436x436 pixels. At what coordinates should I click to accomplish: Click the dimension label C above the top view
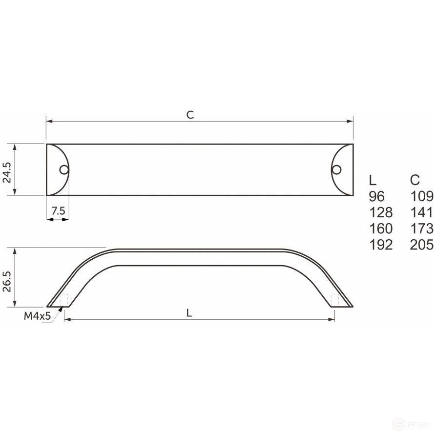click(190, 115)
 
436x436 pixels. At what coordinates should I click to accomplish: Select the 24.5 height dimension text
click(7, 169)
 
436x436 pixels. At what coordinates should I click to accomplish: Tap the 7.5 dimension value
click(58, 211)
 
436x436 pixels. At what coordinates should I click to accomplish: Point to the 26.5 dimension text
click(7, 278)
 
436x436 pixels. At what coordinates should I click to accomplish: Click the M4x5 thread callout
click(38, 316)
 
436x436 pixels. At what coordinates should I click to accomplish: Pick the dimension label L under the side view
click(189, 314)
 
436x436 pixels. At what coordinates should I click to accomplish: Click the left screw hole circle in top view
click(64, 170)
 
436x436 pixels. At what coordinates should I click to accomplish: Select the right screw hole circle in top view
click(336, 169)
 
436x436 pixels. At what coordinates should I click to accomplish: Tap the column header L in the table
click(373, 180)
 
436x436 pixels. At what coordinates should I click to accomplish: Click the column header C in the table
click(415, 180)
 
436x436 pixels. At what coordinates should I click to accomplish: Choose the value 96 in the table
click(377, 196)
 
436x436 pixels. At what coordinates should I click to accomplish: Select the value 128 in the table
click(381, 212)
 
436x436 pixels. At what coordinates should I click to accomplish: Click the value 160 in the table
click(381, 228)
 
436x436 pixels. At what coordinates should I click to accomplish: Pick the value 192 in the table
click(381, 245)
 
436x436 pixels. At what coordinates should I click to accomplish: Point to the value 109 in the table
click(422, 196)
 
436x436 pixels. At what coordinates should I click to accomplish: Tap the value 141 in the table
click(422, 212)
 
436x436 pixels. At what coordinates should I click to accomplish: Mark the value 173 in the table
click(422, 228)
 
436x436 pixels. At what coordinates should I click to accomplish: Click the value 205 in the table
click(422, 245)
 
